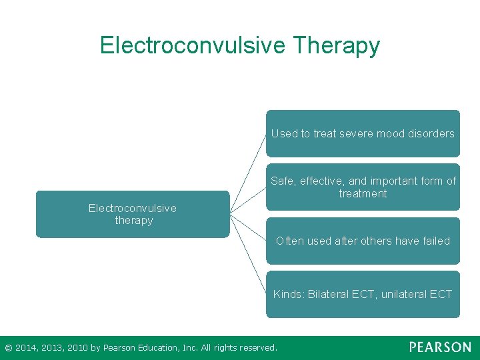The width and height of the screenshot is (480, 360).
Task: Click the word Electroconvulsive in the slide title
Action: click(192, 45)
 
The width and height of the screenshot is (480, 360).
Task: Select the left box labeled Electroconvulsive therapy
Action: click(133, 214)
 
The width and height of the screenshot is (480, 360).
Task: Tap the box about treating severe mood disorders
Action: click(363, 133)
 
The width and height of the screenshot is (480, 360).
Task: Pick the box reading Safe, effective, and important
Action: click(363, 187)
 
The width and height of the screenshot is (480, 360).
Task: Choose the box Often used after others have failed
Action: click(363, 241)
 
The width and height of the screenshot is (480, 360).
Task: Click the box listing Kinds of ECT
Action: click(363, 294)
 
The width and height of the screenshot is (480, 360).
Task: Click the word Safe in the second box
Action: click(283, 181)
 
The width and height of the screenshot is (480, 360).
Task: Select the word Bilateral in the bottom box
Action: click(330, 294)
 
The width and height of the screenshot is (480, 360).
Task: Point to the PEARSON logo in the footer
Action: click(440, 347)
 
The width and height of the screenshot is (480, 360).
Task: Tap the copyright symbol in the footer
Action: click(8, 347)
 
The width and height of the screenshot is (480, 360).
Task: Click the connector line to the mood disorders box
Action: click(248, 173)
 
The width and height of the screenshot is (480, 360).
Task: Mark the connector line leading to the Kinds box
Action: click(248, 254)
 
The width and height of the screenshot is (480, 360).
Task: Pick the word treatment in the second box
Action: click(363, 193)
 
